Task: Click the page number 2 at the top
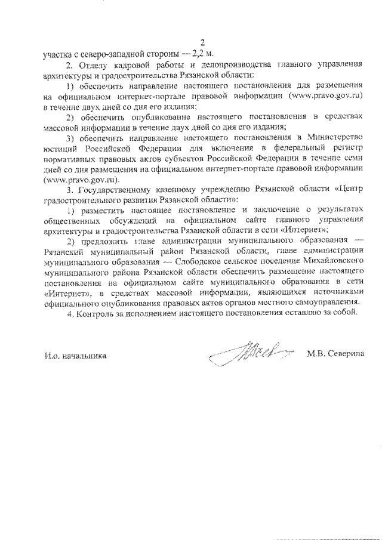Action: point(202,42)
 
